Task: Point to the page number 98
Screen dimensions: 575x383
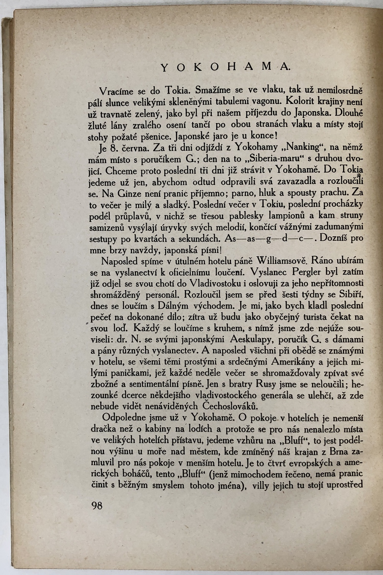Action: tap(97, 505)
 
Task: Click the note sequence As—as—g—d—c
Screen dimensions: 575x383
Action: tap(270, 238)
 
